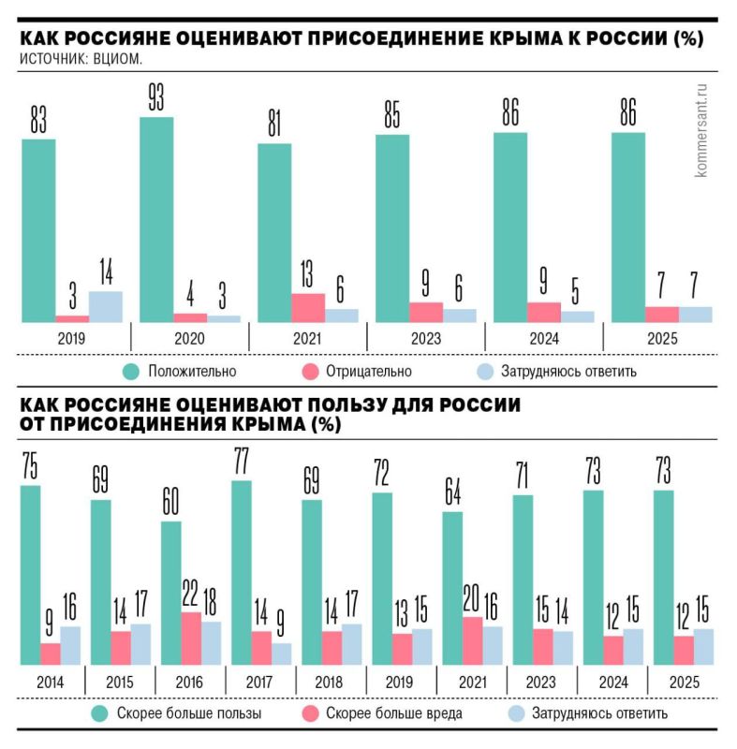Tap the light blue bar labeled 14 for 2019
(105, 306)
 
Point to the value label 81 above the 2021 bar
(273, 125)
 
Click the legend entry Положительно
(191, 371)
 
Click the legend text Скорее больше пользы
(188, 714)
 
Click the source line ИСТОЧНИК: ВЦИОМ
(81, 60)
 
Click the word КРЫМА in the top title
(530, 39)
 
